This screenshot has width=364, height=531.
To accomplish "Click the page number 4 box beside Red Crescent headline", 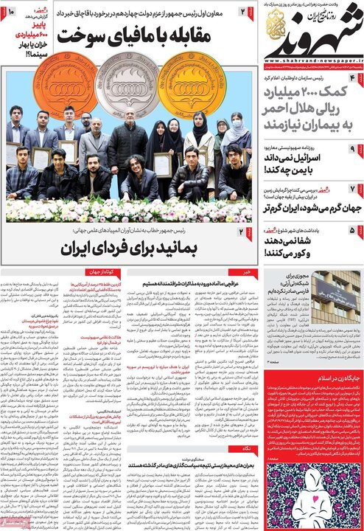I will click(x=353, y=78).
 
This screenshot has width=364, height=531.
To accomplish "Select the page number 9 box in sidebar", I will click(x=353, y=148).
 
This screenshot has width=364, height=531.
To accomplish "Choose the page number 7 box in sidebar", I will click(x=353, y=189).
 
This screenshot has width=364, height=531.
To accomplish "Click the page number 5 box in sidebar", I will click(x=353, y=231).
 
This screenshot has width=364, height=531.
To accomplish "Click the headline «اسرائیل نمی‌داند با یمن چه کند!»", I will click(x=301, y=164).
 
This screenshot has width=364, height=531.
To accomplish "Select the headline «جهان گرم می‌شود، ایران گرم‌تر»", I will click(x=302, y=206).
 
